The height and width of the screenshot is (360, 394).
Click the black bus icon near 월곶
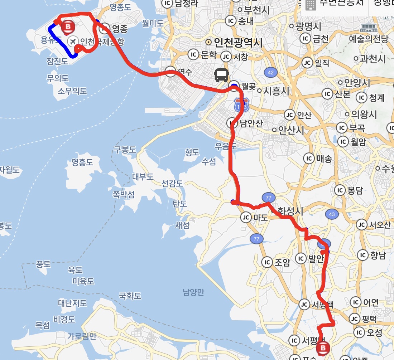tap(222, 75)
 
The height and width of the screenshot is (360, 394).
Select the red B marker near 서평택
tap(323, 347)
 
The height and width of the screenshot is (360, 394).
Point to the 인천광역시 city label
tap(238, 43)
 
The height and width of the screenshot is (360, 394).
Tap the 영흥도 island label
tap(82, 162)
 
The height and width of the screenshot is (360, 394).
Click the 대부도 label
tap(143, 177)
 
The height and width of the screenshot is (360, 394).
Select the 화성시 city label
tap(290, 211)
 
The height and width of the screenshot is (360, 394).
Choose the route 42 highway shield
tap(270, 73)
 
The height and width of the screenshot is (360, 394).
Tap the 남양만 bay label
tap(193, 293)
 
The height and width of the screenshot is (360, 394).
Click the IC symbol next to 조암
tap(267, 262)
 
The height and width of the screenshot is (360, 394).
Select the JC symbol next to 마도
tap(246, 217)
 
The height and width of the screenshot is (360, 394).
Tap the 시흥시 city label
tap(275, 91)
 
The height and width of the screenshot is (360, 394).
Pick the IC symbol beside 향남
tap(363, 255)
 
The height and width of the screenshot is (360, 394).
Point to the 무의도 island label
tap(58, 78)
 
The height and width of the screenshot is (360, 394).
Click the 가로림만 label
tap(82, 336)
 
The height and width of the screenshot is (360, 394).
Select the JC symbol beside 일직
tap(307, 63)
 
